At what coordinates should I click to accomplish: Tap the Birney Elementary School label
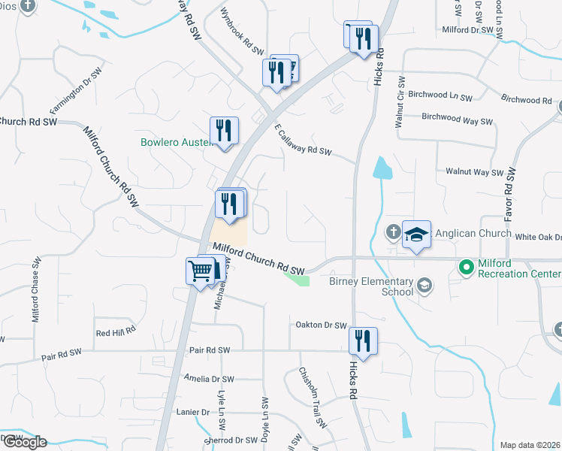371,286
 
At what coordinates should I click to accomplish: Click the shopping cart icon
201,270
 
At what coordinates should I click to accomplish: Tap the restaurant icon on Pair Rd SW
363,340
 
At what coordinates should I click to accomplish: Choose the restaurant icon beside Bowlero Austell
224,131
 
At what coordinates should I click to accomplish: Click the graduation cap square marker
415,235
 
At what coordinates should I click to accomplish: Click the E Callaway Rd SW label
302,141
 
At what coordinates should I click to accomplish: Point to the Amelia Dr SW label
208,380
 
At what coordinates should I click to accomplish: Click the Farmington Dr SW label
76,89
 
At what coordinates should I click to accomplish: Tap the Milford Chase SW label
35,289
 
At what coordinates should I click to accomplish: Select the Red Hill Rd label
115,331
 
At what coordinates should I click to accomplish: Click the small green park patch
298,277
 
